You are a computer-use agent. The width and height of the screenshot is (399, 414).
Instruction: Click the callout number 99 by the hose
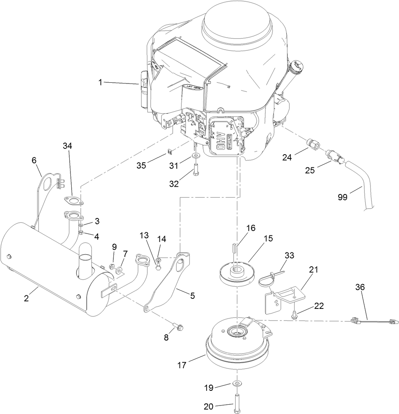coord(342,197)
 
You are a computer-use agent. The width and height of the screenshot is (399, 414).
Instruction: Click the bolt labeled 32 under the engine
coord(196,169)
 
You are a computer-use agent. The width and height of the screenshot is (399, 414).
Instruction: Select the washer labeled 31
coord(195,156)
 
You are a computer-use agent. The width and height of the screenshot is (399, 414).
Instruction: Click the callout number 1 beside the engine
coord(100,82)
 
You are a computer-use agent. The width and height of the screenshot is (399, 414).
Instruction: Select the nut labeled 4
coord(82,232)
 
